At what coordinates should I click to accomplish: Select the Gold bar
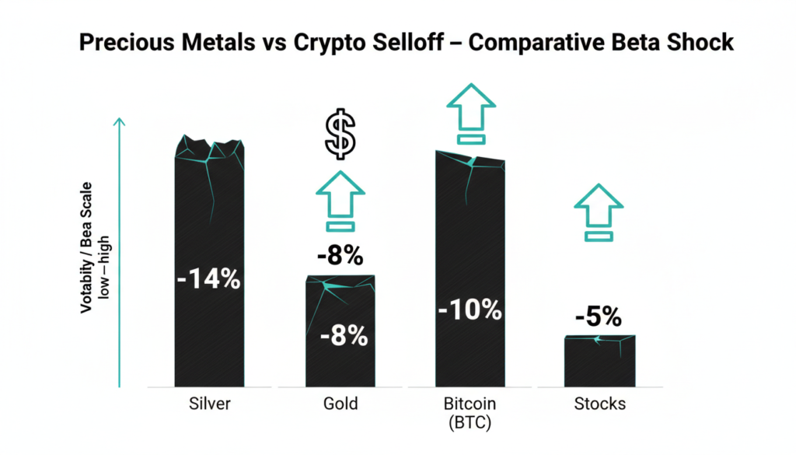click(x=340, y=366)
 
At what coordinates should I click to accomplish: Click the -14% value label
click(x=208, y=278)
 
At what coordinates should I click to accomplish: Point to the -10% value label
click(x=470, y=310)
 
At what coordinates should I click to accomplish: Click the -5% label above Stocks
click(x=599, y=317)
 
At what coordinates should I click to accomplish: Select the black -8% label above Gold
click(x=340, y=255)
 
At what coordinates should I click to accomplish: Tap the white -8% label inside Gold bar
click(x=343, y=336)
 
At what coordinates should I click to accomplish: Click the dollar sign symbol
click(x=340, y=135)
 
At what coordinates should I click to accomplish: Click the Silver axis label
click(x=208, y=404)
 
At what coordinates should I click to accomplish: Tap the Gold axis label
click(x=340, y=404)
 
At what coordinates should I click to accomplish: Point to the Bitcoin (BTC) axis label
click(x=470, y=412)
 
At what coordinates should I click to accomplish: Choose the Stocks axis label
click(x=599, y=404)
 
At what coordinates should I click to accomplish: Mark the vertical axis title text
click(x=86, y=249)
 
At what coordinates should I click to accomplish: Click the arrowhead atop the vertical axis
click(x=119, y=123)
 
